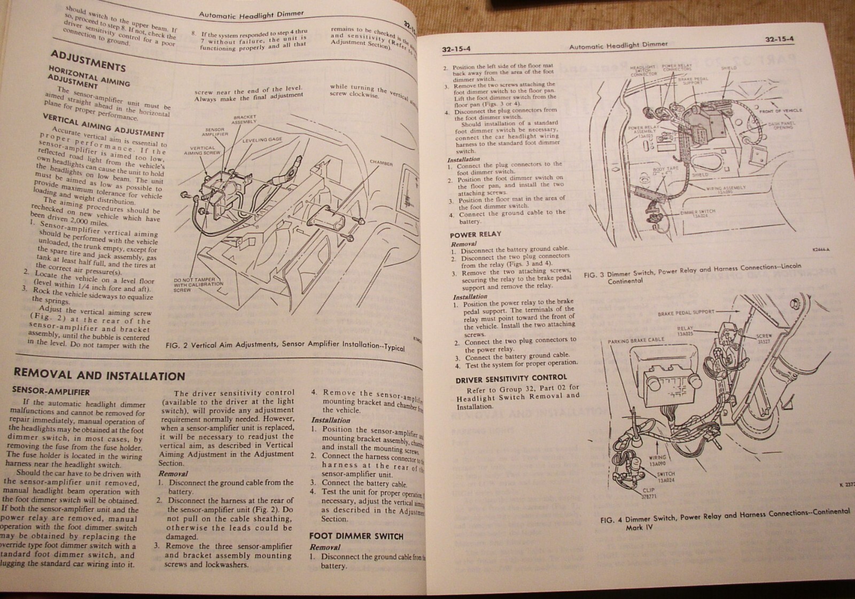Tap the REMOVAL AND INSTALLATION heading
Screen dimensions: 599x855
pos(99,375)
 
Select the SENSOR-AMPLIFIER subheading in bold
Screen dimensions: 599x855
pos(51,391)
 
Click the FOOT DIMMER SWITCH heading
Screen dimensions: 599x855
pos(356,536)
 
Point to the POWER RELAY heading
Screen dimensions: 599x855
pos(475,235)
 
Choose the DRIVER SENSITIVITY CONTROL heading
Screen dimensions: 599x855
pos(510,378)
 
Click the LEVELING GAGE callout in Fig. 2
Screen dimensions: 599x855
pos(262,140)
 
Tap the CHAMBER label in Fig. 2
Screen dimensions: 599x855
pos(380,164)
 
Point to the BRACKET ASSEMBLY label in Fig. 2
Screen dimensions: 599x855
pos(244,119)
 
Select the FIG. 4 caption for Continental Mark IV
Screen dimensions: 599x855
pos(724,517)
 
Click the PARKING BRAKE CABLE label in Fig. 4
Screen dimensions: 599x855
pos(636,340)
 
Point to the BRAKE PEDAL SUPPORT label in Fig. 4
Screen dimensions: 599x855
pos(686,313)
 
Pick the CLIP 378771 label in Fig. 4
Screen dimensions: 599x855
pos(648,493)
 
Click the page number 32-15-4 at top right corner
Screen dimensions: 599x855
pos(779,40)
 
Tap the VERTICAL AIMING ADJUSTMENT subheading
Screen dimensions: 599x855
pos(103,123)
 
